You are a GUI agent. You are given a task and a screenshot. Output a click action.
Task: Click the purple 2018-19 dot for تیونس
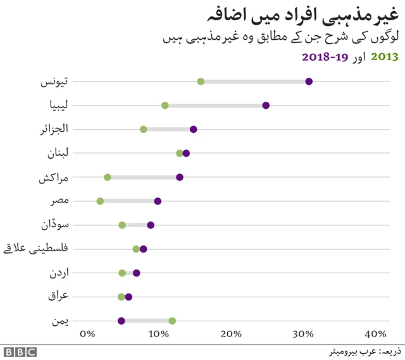[x=309, y=81]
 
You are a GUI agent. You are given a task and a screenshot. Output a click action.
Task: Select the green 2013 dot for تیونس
[x=201, y=81]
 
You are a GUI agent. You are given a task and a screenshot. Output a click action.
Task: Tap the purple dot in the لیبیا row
[x=266, y=105]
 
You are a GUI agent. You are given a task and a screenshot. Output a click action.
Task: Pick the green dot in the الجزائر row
[x=144, y=129]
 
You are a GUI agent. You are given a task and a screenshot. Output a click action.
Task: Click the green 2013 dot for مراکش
[x=108, y=177]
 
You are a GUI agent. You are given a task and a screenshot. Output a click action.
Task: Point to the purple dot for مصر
[x=158, y=201]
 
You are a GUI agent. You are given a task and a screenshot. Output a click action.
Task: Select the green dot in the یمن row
[x=172, y=321]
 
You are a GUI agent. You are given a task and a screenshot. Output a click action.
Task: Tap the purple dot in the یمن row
[x=121, y=321]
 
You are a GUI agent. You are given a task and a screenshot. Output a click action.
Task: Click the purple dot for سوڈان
[x=151, y=225]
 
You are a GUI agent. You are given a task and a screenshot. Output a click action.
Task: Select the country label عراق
[x=59, y=296]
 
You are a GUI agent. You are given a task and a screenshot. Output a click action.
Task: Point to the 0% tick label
[x=87, y=333]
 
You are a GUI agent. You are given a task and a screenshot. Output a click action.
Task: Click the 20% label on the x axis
[x=232, y=333]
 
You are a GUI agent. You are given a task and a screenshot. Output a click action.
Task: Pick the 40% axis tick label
[x=376, y=333]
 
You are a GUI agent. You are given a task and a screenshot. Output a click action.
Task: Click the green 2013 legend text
[x=384, y=57]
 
